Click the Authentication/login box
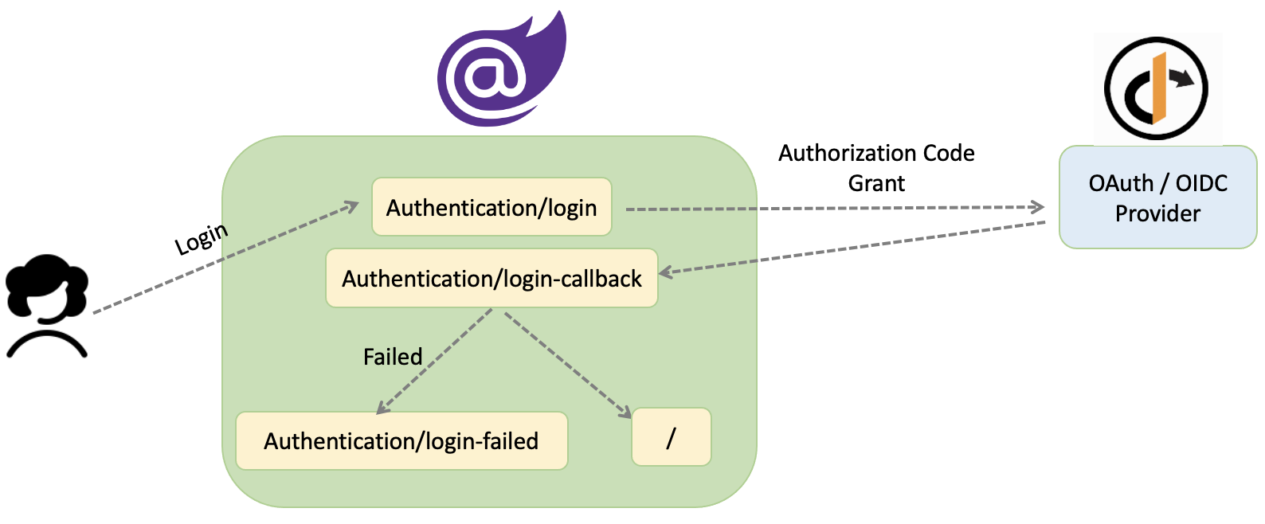pos(492,207)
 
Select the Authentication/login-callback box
pos(492,278)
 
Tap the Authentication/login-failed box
pos(401,440)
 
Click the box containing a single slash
pos(671,437)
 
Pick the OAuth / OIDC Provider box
pos(1157,197)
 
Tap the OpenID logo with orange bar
pos(1157,88)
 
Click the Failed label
pos(393,357)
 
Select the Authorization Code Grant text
pos(876,167)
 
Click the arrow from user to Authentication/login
pos(223,259)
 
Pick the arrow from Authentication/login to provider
pos(836,209)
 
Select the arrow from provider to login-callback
pos(852,248)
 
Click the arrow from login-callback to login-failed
pos(434,362)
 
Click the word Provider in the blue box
pos(1157,213)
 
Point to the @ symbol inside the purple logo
pos(484,76)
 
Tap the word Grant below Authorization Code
pos(876,183)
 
